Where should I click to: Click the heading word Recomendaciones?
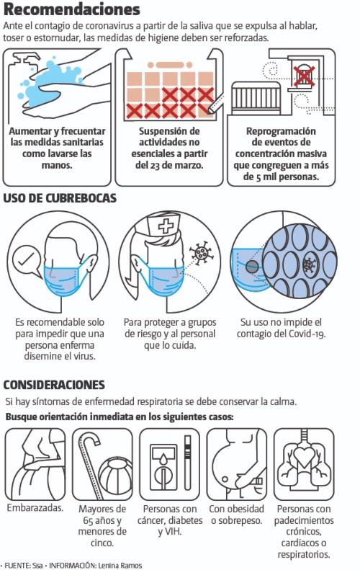[71, 9]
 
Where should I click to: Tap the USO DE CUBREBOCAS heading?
[60, 198]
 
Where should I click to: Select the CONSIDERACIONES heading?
[54, 385]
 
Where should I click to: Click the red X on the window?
[304, 76]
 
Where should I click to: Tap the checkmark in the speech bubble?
[26, 259]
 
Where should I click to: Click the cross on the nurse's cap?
[166, 226]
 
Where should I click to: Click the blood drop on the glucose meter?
[164, 460]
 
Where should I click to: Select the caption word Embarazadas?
[35, 508]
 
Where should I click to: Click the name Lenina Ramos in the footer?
[120, 566]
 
